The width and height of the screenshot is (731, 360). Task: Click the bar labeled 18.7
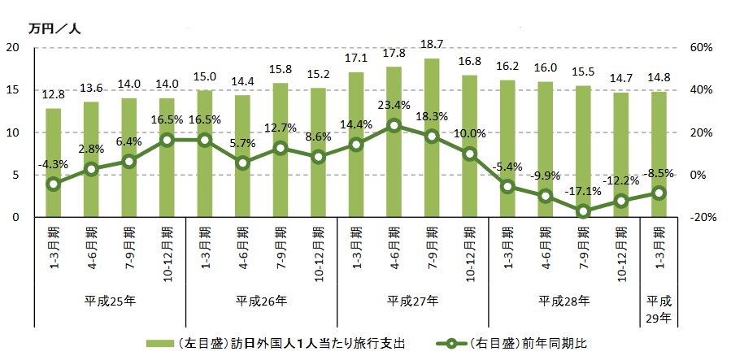[x=432, y=137]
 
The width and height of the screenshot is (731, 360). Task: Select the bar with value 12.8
[x=53, y=163]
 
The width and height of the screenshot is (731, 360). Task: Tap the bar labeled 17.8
[x=394, y=141]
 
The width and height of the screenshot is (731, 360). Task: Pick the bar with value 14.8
[x=659, y=154]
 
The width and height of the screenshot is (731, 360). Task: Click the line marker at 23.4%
[x=394, y=125]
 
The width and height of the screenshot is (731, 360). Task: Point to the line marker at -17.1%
[x=583, y=211]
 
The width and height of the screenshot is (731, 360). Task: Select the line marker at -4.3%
[x=53, y=184]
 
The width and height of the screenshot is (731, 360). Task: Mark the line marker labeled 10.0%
[x=469, y=154]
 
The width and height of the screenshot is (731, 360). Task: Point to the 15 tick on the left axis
[x=12, y=90]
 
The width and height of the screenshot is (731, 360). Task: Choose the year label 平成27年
[x=413, y=301]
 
